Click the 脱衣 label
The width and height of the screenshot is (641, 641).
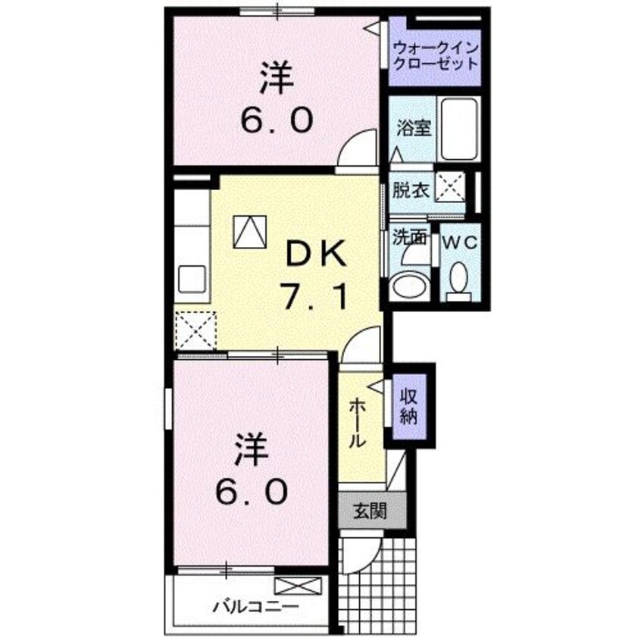411,190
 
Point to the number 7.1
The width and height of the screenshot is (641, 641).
315,296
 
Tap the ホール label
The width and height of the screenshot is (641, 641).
358,424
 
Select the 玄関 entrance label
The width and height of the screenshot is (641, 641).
371,511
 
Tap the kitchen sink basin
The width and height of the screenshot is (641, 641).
193,280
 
